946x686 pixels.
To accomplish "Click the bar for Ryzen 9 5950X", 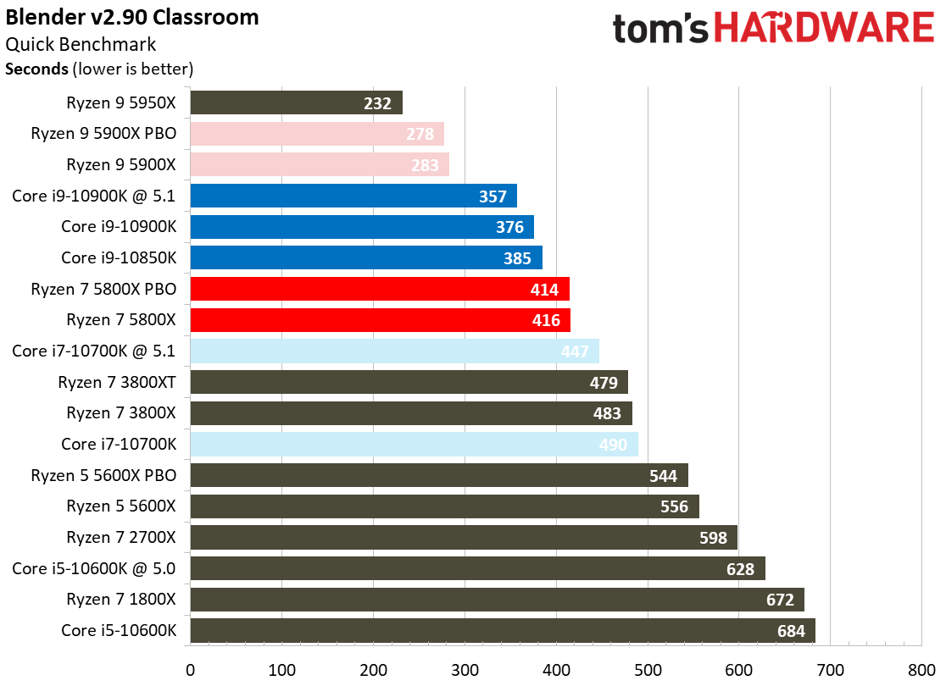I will point(296,102).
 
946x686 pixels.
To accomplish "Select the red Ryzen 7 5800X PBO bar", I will point(379,289).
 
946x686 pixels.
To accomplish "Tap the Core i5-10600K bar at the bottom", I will point(502,630).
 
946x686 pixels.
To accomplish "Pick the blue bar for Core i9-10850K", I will point(365,257).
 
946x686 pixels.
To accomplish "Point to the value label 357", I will point(492,196).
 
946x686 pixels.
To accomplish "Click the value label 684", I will point(791,630).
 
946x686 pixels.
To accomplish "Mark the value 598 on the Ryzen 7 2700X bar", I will point(712,538).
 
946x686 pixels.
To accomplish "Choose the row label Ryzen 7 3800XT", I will point(117,382).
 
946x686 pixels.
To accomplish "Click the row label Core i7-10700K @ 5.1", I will point(94,351).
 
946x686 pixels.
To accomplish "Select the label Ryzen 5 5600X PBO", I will point(103,475).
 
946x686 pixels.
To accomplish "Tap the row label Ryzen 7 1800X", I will point(121,600).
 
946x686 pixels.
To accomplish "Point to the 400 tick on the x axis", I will point(556,668).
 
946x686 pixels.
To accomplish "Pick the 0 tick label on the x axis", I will point(191,668).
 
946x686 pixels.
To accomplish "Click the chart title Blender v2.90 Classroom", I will point(133,17).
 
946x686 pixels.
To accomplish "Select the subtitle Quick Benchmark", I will point(81,45).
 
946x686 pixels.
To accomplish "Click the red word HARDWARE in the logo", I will point(823,28).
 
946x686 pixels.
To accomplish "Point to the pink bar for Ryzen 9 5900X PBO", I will point(317,134).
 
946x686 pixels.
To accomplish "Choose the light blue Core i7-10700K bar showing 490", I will point(414,444).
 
